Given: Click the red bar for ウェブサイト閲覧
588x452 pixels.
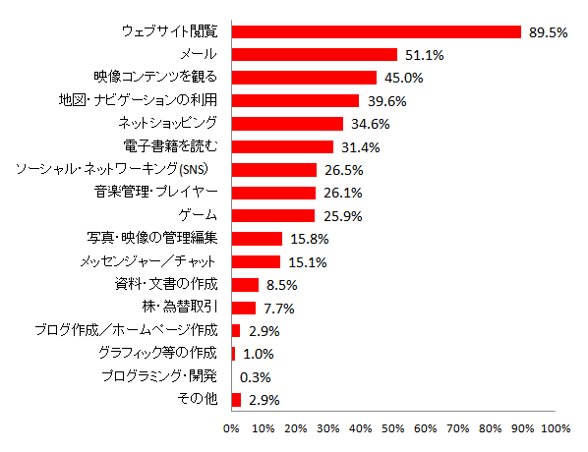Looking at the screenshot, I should pos(376,31).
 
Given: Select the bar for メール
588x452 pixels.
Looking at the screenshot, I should pos(314,55).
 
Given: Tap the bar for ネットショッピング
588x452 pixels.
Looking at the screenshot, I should pos(287,124).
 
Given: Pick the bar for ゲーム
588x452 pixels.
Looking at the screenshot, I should pos(273,215).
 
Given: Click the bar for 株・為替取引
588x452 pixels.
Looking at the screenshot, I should pos(243,308).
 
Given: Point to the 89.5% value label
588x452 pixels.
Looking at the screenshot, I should pos(549,32).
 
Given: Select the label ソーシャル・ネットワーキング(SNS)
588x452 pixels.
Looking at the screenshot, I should pos(122,170).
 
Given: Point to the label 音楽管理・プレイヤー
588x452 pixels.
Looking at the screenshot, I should pos(156,192).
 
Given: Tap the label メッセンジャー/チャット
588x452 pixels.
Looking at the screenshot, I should pos(153,261).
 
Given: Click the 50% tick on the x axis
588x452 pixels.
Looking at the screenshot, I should pos(393,428).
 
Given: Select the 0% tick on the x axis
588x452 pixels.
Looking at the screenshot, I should pos(232,428).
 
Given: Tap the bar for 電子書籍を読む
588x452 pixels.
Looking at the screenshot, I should pos(282,146).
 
